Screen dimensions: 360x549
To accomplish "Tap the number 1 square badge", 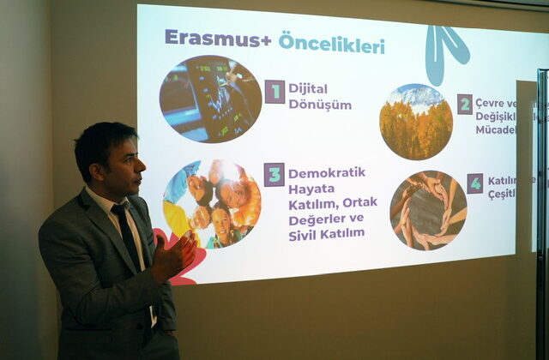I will pos(274,92).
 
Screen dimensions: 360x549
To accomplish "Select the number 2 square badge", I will pos(464,105).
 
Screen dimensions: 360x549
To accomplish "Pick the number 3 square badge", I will pos(274,175).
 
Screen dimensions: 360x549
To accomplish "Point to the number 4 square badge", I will pos(474,183).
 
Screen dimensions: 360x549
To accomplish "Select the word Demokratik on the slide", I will pos(326,172).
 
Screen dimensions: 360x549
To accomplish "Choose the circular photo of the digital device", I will pos(210,99).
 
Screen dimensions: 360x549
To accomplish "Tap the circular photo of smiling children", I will pos(211,204).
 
